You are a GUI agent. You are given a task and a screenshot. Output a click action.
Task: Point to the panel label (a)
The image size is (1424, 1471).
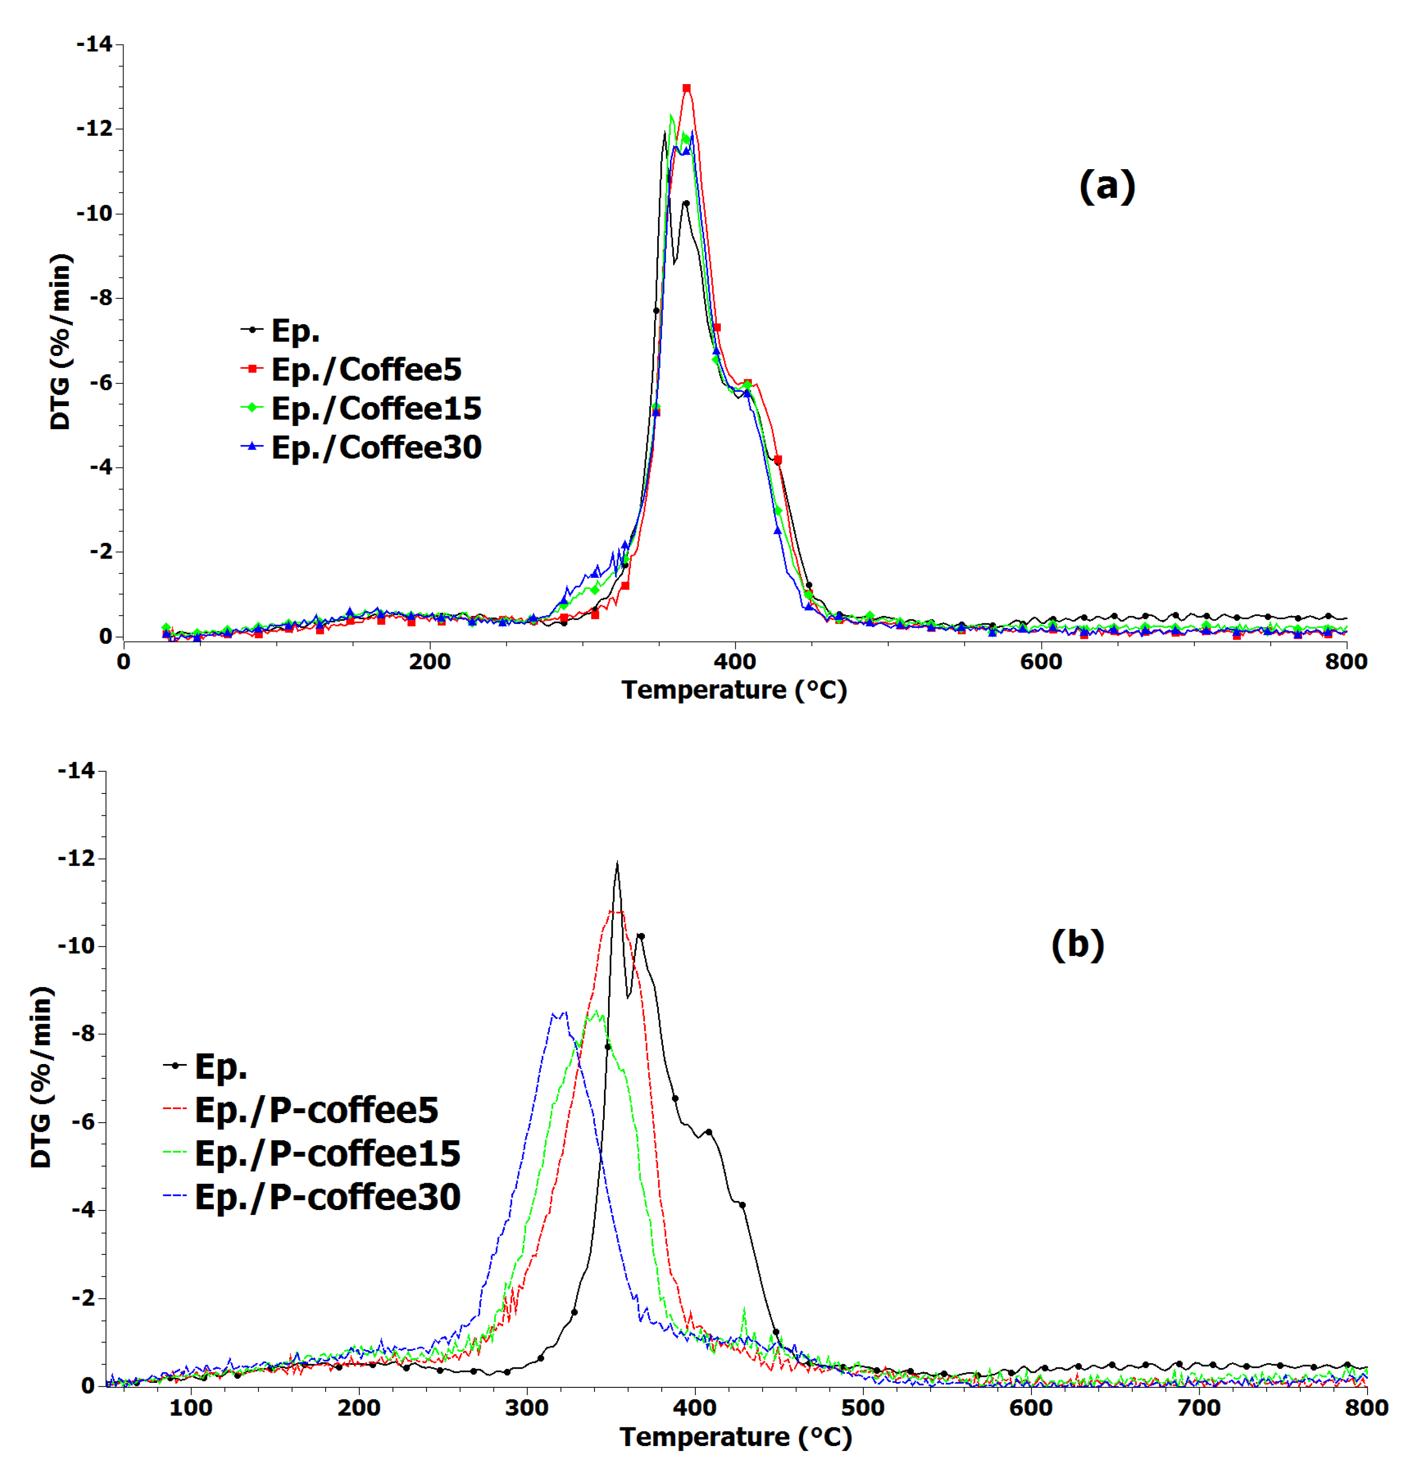[x=1107, y=186]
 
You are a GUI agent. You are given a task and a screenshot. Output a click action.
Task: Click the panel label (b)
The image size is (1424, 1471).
[x=1077, y=944]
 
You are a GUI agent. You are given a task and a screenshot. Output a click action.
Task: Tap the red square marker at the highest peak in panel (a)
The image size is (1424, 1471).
[x=686, y=89]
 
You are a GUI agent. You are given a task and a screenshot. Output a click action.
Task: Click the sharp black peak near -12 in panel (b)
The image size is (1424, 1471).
[x=617, y=863]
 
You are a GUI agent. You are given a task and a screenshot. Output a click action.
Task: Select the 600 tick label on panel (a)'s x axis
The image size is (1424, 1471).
[x=1041, y=662]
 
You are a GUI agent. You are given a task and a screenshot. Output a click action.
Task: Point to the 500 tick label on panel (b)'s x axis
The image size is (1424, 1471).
[x=862, y=1408]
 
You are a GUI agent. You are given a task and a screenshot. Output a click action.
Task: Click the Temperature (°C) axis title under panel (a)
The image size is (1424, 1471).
[x=734, y=690]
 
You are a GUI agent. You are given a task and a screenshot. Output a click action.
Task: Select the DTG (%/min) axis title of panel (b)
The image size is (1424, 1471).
[x=41, y=1077]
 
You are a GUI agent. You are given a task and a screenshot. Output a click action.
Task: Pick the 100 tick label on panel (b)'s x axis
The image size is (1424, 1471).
[x=191, y=1408]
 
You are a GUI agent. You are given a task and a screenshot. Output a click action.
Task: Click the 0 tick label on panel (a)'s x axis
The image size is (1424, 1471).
[x=123, y=662]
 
